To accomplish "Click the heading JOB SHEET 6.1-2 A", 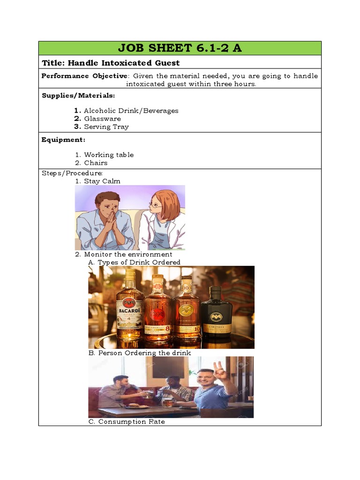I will tap(180, 48).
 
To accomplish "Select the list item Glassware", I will tap(102, 119).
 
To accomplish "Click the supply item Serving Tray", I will tap(106, 127).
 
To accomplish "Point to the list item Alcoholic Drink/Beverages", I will tap(131, 111).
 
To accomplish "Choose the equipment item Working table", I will tap(109, 155).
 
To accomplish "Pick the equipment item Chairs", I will tap(96, 163).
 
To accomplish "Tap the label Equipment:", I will tap(63, 139).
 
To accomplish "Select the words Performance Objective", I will tap(84, 76).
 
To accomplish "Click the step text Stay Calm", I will tap(102, 181).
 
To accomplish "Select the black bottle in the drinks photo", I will tap(216, 312).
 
